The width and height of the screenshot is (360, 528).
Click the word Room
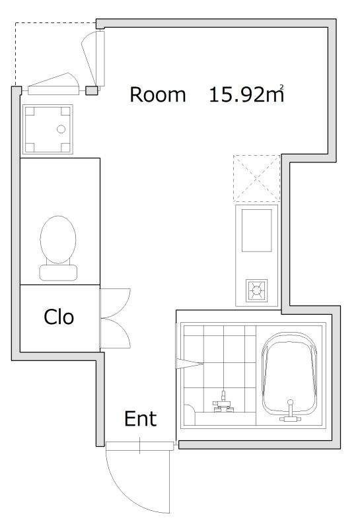coord(157,94)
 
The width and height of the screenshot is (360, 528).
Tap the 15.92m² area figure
coord(246,94)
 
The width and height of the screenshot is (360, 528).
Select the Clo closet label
coord(59,317)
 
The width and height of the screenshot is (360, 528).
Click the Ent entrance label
coord(140,418)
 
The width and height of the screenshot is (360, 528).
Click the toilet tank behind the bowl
coord(58,271)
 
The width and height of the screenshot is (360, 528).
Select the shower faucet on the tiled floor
coord(224,403)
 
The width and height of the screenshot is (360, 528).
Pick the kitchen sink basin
coord(258,230)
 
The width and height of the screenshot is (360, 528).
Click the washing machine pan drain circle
coord(61,129)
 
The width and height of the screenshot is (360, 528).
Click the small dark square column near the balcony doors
coord(91,90)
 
